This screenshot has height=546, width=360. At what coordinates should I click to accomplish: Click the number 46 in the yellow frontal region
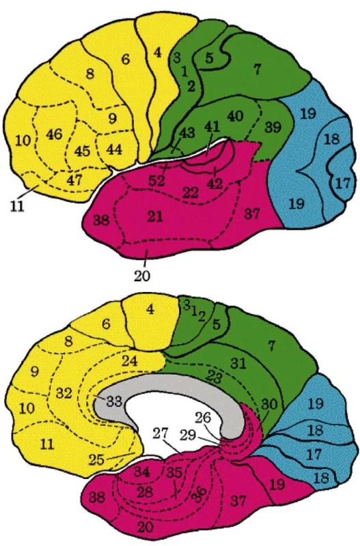[x=54, y=134]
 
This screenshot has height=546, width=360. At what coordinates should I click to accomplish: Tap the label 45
[x=82, y=151]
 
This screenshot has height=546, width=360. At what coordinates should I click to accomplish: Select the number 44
[x=114, y=149]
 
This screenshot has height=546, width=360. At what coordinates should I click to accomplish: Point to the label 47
[x=74, y=179]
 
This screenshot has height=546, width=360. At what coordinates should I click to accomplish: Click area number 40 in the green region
[x=235, y=115]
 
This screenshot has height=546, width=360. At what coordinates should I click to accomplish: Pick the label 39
[x=273, y=127]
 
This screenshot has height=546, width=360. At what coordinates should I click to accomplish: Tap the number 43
[x=187, y=132]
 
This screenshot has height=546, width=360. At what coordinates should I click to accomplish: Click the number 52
[x=157, y=181]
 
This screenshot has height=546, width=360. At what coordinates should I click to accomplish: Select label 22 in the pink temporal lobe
[x=191, y=192]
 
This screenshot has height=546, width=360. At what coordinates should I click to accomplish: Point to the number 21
[x=155, y=216]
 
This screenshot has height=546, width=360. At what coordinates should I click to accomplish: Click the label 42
[x=214, y=183]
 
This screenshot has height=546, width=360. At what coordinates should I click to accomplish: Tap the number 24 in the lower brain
[x=129, y=361]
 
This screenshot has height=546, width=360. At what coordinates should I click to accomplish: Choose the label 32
[x=64, y=393]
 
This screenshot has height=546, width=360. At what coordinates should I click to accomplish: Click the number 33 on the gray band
[x=114, y=401]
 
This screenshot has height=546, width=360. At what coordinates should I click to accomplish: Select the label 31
[x=238, y=363]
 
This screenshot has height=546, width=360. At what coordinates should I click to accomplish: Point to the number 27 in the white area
[x=161, y=434]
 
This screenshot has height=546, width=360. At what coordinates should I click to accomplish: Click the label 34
[x=142, y=472]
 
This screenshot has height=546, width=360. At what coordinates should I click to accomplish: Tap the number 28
[x=145, y=492]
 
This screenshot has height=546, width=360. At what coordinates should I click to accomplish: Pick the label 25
[x=96, y=459]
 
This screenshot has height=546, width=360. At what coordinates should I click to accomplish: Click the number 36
[x=199, y=494]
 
